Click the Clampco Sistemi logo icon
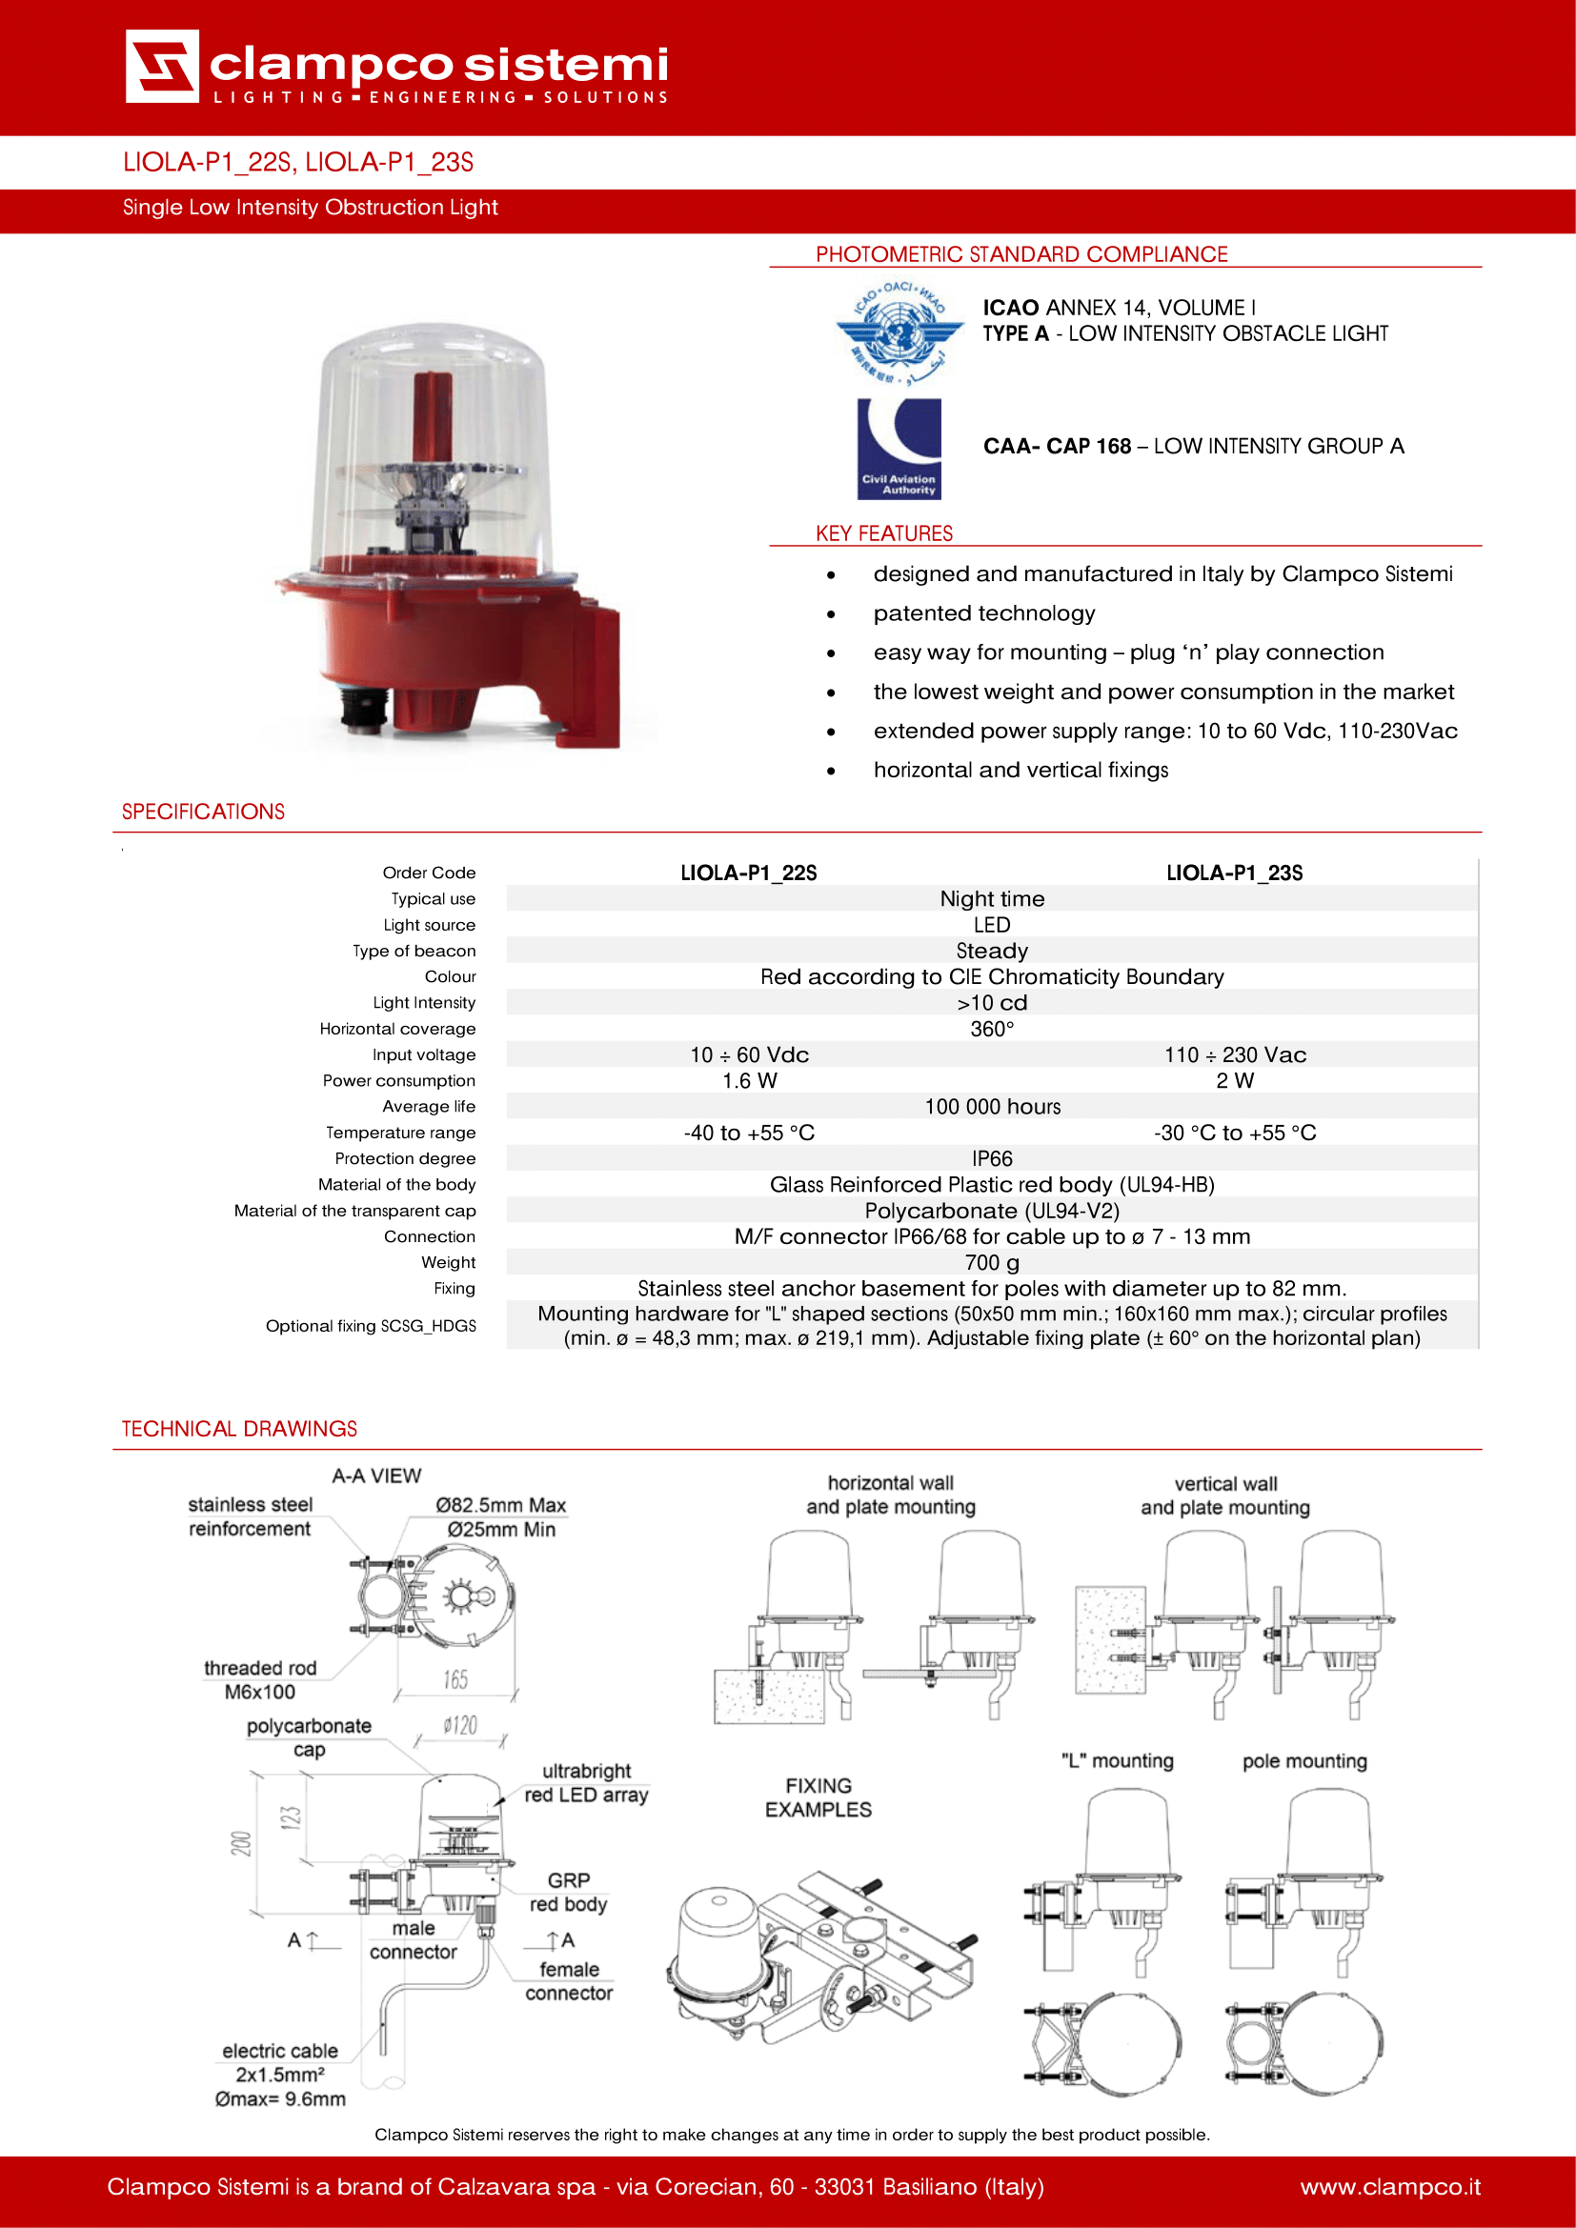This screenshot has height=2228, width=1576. [x=162, y=66]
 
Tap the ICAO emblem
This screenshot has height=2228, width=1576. [x=899, y=331]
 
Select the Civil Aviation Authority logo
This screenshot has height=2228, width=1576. [x=899, y=449]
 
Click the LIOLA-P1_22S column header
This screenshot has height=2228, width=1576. [x=748, y=873]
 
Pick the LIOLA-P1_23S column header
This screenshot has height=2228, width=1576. [x=1233, y=873]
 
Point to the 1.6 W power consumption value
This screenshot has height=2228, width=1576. [x=749, y=1080]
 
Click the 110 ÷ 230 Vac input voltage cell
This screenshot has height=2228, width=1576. [x=1234, y=1054]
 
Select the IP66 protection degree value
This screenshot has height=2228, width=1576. [x=992, y=1158]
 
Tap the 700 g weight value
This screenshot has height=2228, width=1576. [x=992, y=1262]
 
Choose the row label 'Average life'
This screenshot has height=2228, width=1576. [x=428, y=1106]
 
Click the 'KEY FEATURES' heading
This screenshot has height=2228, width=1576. [x=884, y=533]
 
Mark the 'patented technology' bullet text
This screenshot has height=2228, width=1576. [x=984, y=613]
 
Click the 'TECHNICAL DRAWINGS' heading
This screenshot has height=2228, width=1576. [x=239, y=1429]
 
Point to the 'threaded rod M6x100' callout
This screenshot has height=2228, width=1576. [x=260, y=1679]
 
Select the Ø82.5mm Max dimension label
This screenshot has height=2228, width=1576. [x=501, y=1505]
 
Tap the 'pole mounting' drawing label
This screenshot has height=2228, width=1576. [x=1304, y=1761]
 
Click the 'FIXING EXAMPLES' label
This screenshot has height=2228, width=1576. [x=818, y=1797]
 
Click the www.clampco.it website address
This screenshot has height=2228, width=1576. [x=1389, y=2186]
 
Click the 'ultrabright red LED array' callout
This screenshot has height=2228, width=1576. [x=586, y=1782]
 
